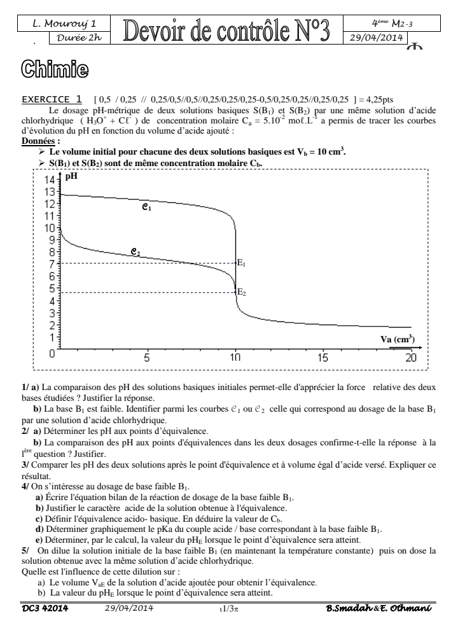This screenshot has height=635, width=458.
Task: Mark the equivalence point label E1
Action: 242,262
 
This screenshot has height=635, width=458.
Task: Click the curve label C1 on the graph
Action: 146,207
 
